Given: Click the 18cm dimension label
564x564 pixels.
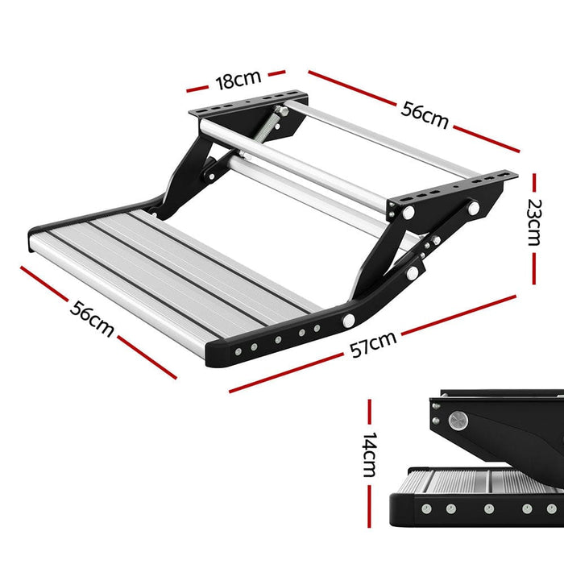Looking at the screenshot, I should (x=237, y=80).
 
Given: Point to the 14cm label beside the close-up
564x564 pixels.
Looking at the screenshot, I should (x=370, y=455).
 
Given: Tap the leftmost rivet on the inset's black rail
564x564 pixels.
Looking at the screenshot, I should (x=422, y=509).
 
